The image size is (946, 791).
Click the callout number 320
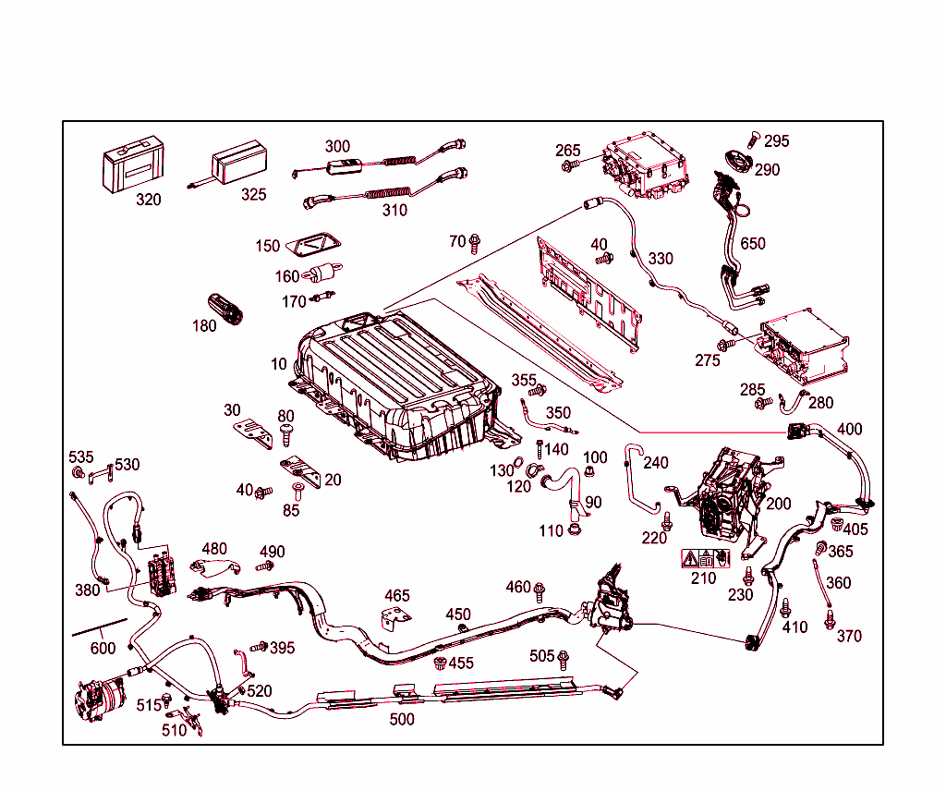148,200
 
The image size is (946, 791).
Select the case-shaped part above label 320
132,165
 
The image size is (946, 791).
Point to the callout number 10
279,365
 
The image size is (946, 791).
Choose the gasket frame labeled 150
312,245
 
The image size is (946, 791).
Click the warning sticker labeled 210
705,558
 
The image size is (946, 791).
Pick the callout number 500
401,719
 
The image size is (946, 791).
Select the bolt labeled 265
568,166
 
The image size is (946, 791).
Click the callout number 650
753,244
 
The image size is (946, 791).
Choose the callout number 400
849,430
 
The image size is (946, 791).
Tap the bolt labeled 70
475,243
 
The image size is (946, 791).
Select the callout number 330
661,259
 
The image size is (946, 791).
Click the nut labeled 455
441,663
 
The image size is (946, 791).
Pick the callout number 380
88,590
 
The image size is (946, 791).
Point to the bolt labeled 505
564,658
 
